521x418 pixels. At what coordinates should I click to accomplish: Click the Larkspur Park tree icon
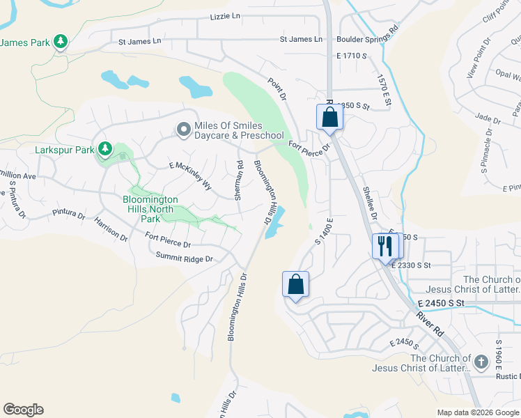coord(105,148)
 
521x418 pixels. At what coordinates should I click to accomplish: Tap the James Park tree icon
coord(61,42)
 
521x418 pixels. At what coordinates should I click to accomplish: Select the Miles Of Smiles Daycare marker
coord(183,129)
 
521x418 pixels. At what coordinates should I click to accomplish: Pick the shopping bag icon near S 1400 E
coord(295,284)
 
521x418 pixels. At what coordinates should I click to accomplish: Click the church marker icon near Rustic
coord(481,362)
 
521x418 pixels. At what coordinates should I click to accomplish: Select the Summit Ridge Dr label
coord(183,258)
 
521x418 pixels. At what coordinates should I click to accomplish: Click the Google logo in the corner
coord(23,410)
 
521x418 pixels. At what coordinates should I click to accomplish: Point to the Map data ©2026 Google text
coord(477,412)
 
